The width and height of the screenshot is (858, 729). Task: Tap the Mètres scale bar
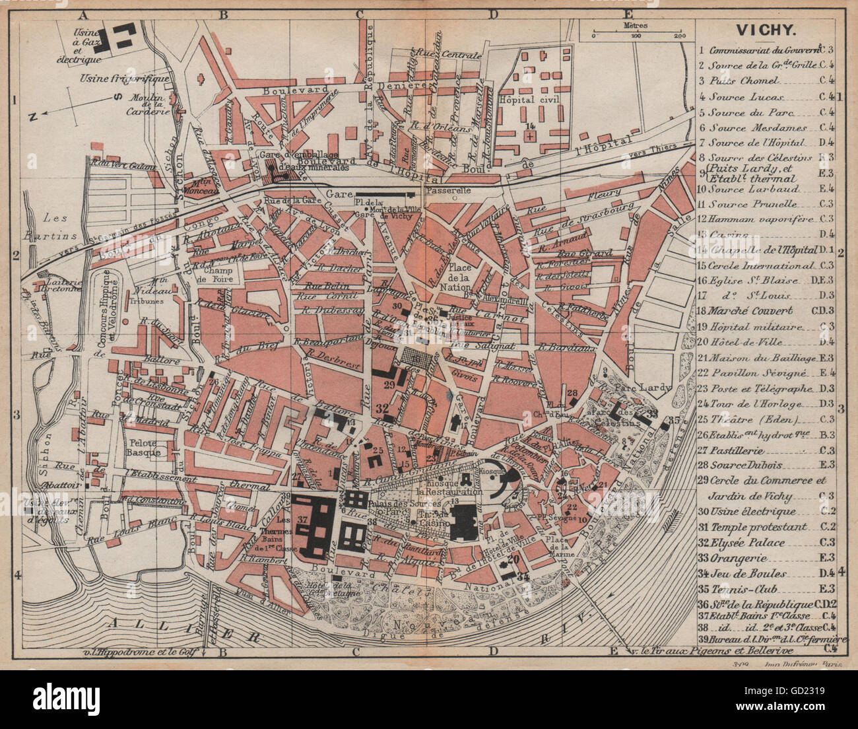point(636,32)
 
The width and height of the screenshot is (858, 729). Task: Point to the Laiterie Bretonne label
point(60,285)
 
